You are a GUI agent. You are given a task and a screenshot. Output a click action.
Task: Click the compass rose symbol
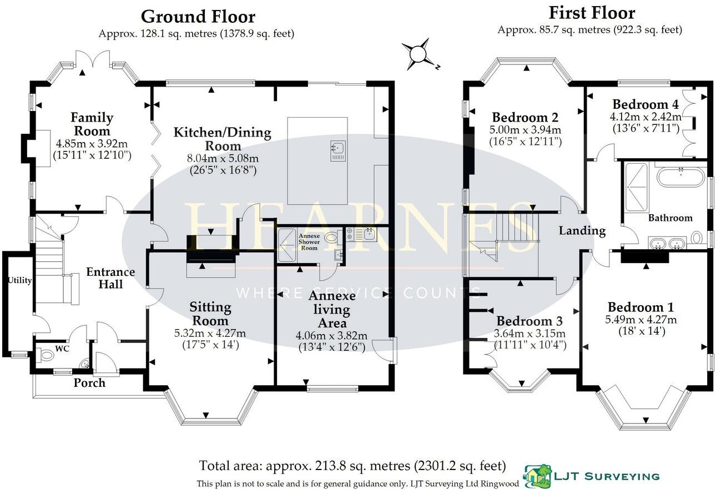tap(418, 54)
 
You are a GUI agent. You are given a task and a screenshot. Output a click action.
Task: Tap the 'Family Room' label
tap(92, 124)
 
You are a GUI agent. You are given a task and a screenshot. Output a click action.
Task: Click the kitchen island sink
tap(338, 148)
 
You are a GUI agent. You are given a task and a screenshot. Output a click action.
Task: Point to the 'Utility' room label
tap(19, 280)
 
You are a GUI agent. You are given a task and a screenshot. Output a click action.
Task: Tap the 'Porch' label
tap(89, 382)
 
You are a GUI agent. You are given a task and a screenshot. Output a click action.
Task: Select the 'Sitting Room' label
tap(210, 314)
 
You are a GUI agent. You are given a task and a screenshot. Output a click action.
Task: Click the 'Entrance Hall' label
tap(110, 278)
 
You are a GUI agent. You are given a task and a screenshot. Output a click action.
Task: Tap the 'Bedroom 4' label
tap(645, 104)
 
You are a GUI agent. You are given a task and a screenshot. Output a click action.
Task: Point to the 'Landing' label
tap(582, 231)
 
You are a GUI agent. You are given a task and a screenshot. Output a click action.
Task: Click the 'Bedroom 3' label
tap(529, 321)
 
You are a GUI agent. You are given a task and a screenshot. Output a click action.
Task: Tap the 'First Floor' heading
tap(592, 12)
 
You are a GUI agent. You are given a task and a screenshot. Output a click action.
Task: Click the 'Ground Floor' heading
tap(198, 16)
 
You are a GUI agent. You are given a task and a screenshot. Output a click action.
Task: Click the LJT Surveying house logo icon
tap(536, 476)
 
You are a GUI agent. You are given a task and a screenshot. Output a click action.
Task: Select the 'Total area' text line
tap(352, 465)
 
